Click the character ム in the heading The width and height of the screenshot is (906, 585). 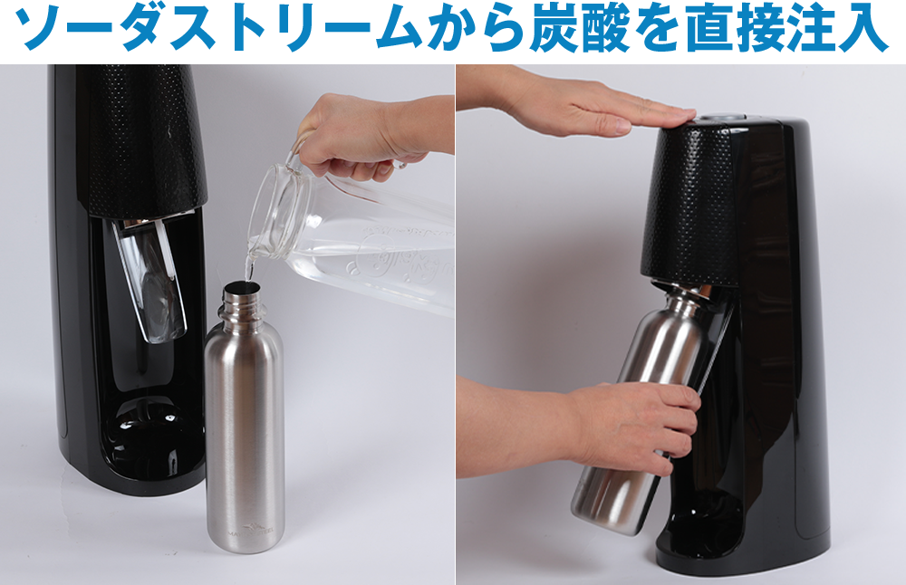pyautogui.click(x=400, y=30)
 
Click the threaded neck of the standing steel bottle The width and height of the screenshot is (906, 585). pyautogui.click(x=242, y=301)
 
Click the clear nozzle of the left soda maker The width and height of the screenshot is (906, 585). pyautogui.click(x=151, y=283)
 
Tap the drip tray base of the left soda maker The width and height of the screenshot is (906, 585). pyautogui.click(x=151, y=439)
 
